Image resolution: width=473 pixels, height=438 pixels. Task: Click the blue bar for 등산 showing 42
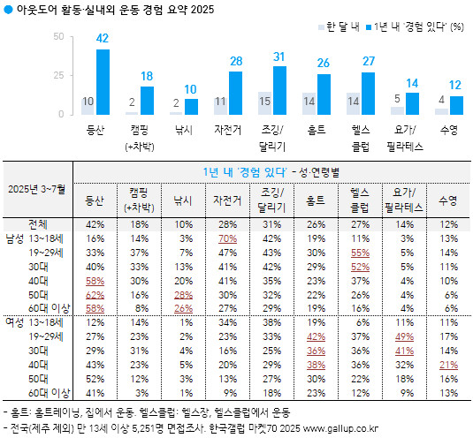tap(103, 82)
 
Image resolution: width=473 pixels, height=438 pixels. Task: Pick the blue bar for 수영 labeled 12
tap(456, 105)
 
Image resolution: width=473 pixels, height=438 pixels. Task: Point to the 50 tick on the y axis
tap(58, 37)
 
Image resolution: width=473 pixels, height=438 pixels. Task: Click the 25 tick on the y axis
tap(58, 76)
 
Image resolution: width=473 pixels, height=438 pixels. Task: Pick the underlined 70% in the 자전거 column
tap(225, 238)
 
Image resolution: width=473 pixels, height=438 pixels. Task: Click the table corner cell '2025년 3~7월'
tap(36, 189)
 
